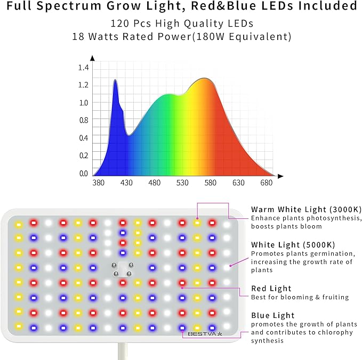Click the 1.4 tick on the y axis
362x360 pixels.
[83, 68]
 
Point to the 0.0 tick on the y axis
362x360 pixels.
[83, 173]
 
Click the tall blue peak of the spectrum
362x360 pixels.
[115, 81]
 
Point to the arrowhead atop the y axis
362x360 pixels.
[93, 58]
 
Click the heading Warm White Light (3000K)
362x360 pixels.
[301, 209]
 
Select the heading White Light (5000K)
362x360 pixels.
[293, 244]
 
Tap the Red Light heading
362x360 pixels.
[271, 289]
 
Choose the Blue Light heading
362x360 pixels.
[272, 315]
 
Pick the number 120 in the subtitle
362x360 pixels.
[119, 24]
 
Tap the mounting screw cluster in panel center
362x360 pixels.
[122, 269]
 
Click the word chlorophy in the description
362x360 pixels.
[334, 332]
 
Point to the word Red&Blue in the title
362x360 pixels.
[234, 6]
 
